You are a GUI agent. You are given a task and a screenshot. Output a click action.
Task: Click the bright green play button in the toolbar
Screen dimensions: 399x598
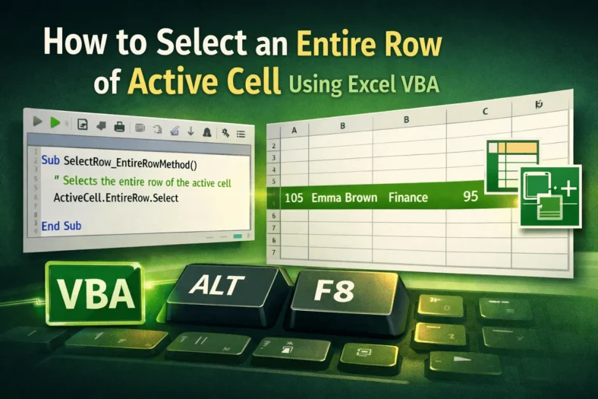click(55, 122)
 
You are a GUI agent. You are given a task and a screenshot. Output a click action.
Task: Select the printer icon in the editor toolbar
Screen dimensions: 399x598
click(118, 125)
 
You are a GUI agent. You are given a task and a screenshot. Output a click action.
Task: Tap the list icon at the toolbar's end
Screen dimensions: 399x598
click(241, 134)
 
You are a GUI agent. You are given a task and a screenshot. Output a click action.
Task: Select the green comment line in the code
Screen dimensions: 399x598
click(143, 182)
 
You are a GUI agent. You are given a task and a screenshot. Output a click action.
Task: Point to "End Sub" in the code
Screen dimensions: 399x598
click(61, 226)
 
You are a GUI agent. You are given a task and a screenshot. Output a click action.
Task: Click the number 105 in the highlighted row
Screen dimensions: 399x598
click(294, 198)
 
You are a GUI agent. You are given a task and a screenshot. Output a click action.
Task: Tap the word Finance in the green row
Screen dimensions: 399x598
click(408, 198)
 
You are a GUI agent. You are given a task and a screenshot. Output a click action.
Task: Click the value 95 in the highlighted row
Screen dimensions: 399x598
click(470, 197)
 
